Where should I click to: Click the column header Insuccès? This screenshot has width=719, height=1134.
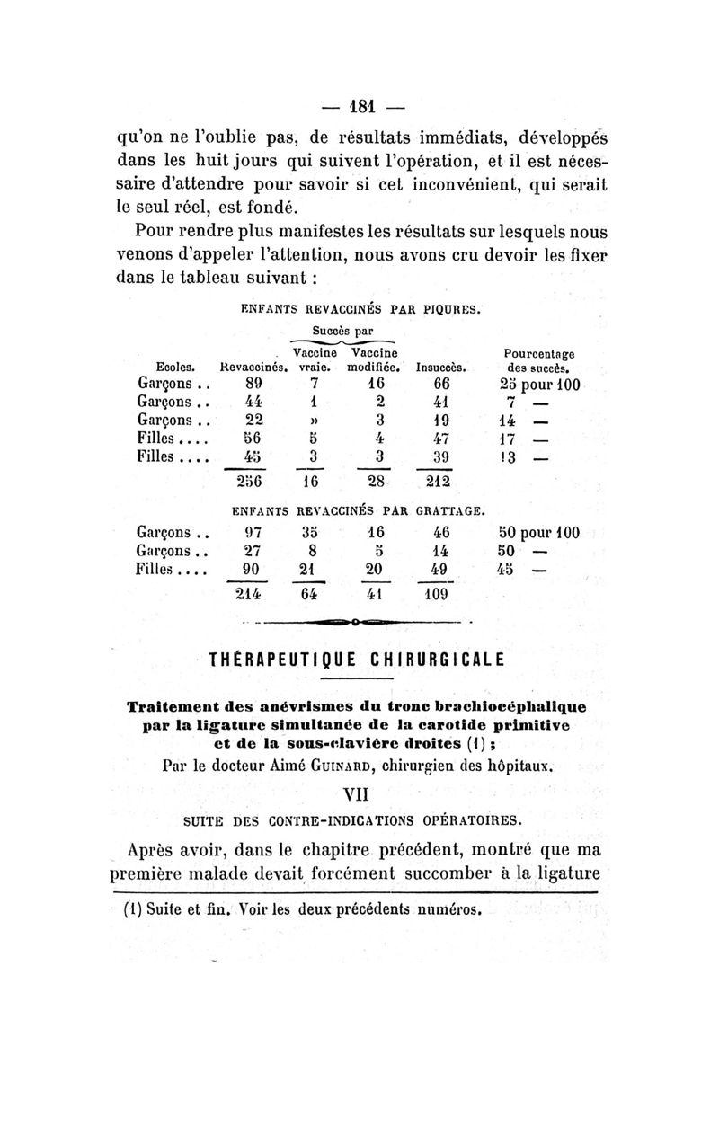point(439,367)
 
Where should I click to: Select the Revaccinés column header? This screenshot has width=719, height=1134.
point(253,367)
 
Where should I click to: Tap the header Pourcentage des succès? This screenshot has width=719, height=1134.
point(540,360)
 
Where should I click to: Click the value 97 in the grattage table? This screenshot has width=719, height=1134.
point(253,532)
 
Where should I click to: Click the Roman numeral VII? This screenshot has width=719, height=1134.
point(359,793)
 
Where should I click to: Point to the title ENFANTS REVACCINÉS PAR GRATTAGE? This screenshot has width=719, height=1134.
point(359,512)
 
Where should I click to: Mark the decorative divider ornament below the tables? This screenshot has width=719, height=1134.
point(358,620)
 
